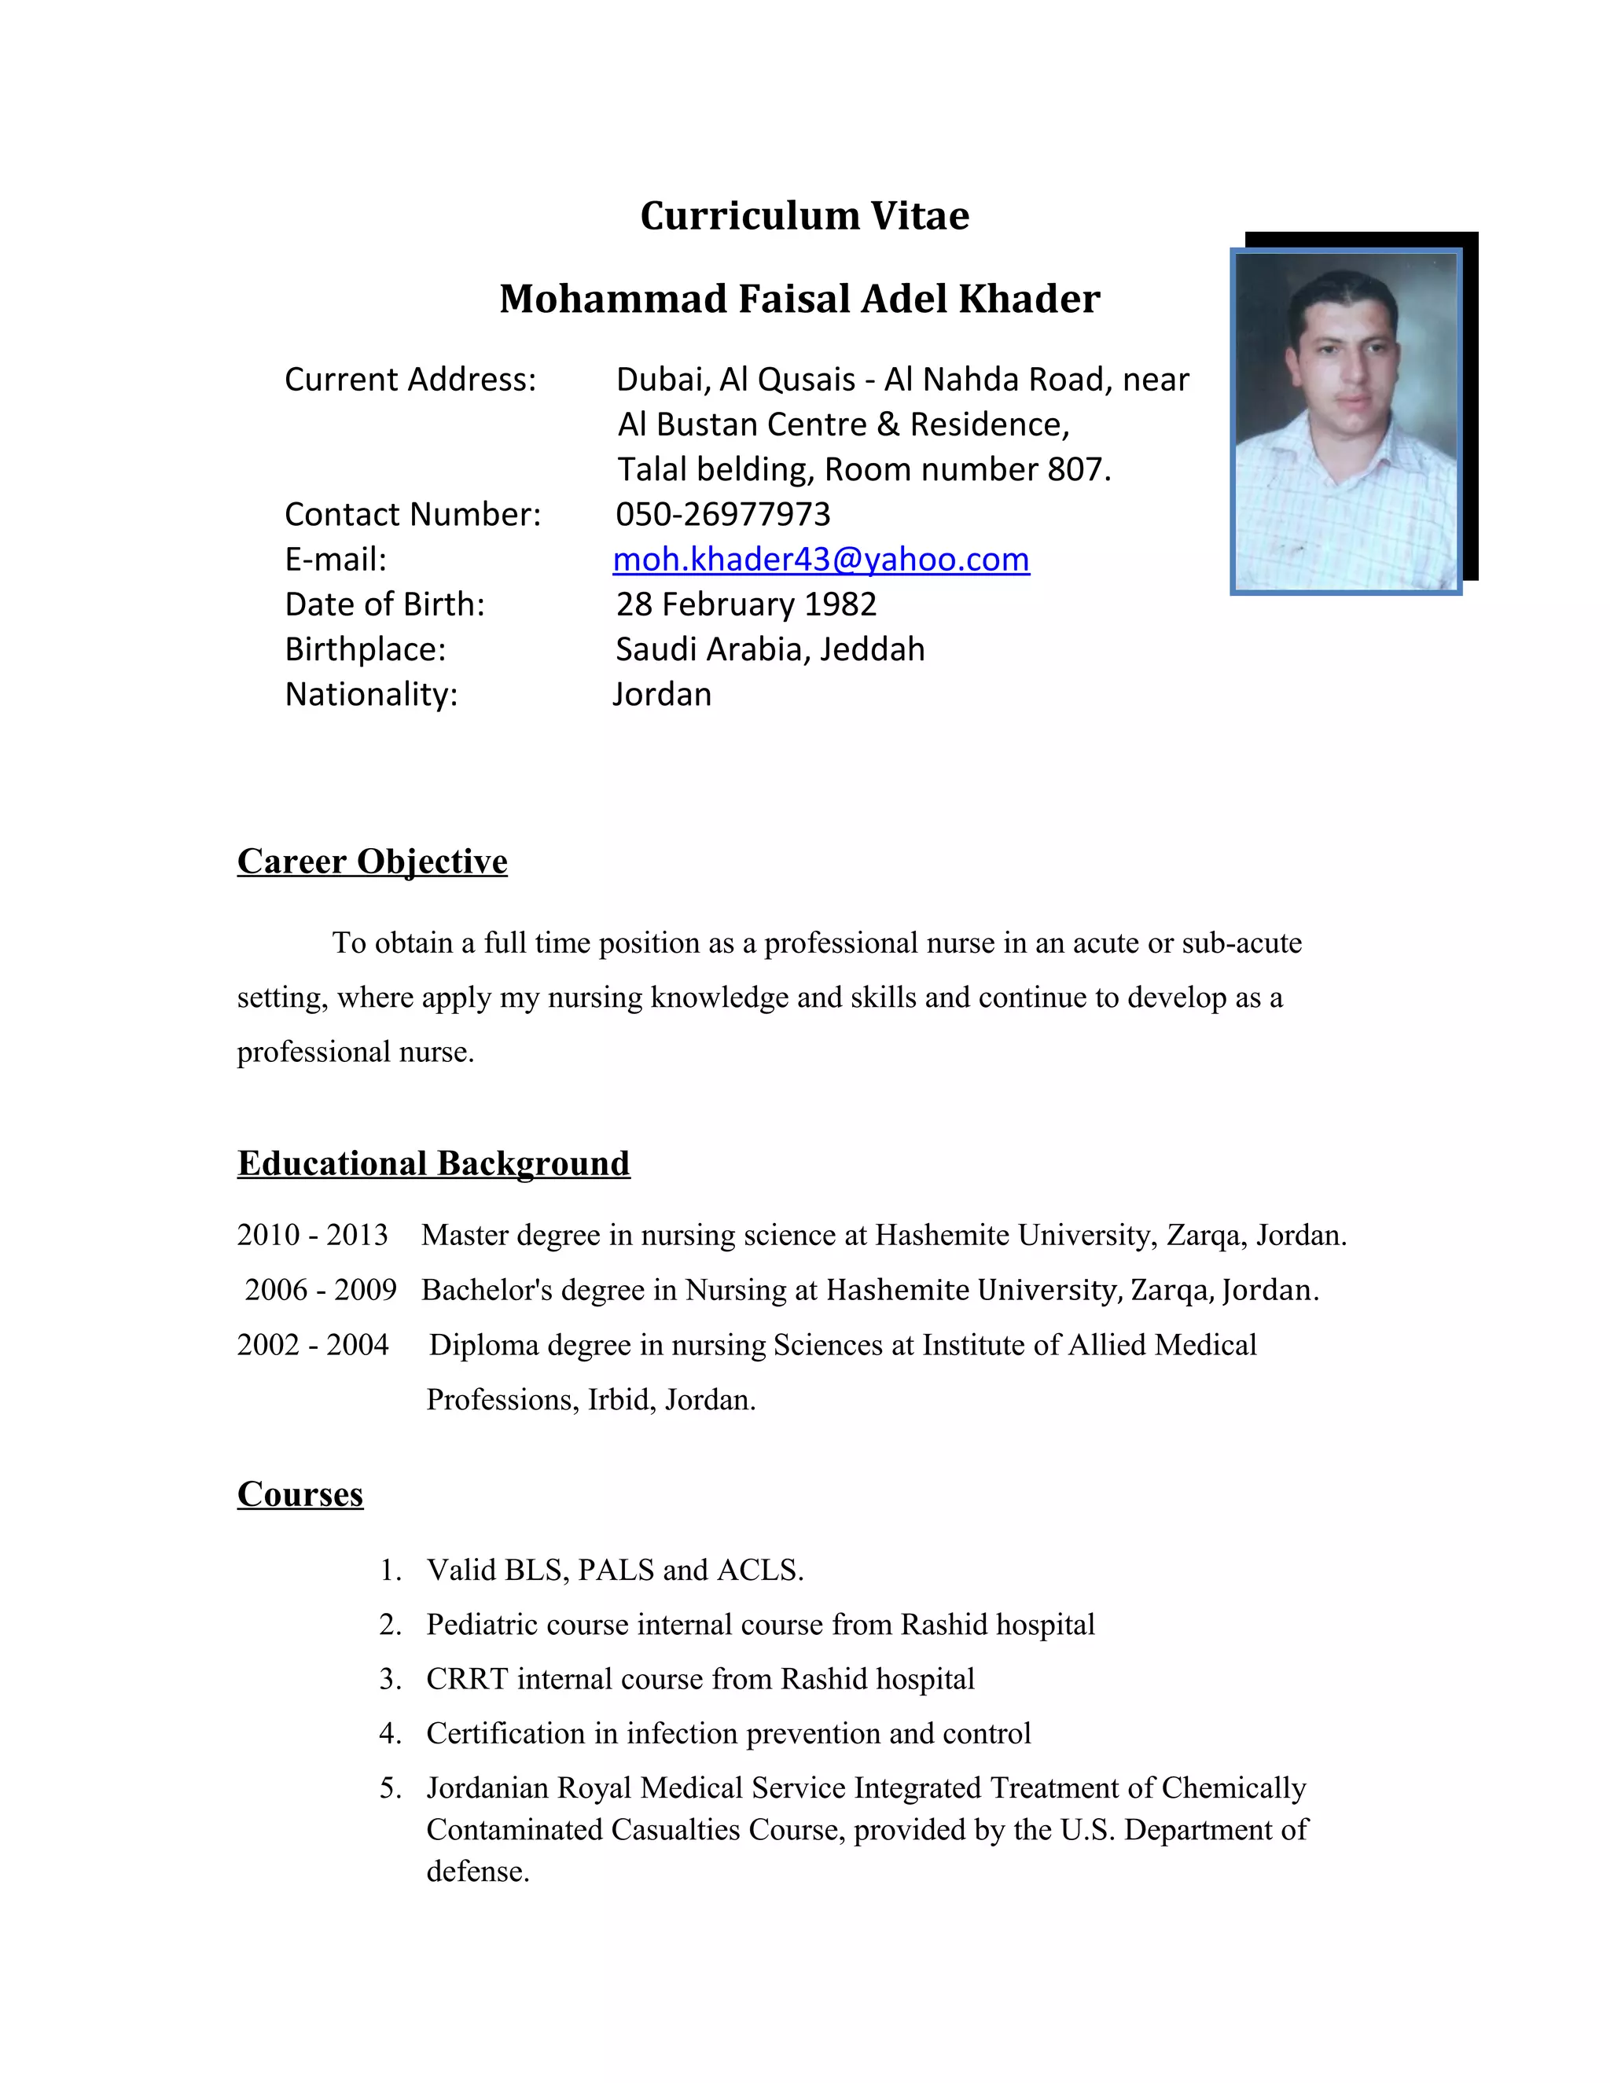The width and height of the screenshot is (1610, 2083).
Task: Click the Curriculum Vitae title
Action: pyautogui.click(x=804, y=215)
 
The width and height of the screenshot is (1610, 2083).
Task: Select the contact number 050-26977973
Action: pyautogui.click(x=723, y=514)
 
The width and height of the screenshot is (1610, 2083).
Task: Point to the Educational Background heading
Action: pyautogui.click(x=433, y=1163)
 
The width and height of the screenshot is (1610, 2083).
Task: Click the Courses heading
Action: pyautogui.click(x=300, y=1493)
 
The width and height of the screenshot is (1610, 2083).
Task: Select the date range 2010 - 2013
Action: pyautogui.click(x=312, y=1234)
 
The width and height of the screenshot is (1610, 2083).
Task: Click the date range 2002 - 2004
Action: pyautogui.click(x=312, y=1345)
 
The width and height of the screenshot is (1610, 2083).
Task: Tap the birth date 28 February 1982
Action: pyautogui.click(x=746, y=604)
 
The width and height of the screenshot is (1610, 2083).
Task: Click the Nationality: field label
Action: pyautogui.click(x=371, y=693)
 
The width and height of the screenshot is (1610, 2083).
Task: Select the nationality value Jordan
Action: pyautogui.click(x=662, y=693)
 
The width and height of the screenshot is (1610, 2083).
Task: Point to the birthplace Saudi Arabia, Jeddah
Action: pyautogui.click(x=770, y=648)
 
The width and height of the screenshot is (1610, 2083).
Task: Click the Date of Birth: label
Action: pyautogui.click(x=384, y=604)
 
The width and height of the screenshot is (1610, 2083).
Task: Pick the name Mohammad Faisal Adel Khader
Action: pyautogui.click(x=799, y=299)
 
